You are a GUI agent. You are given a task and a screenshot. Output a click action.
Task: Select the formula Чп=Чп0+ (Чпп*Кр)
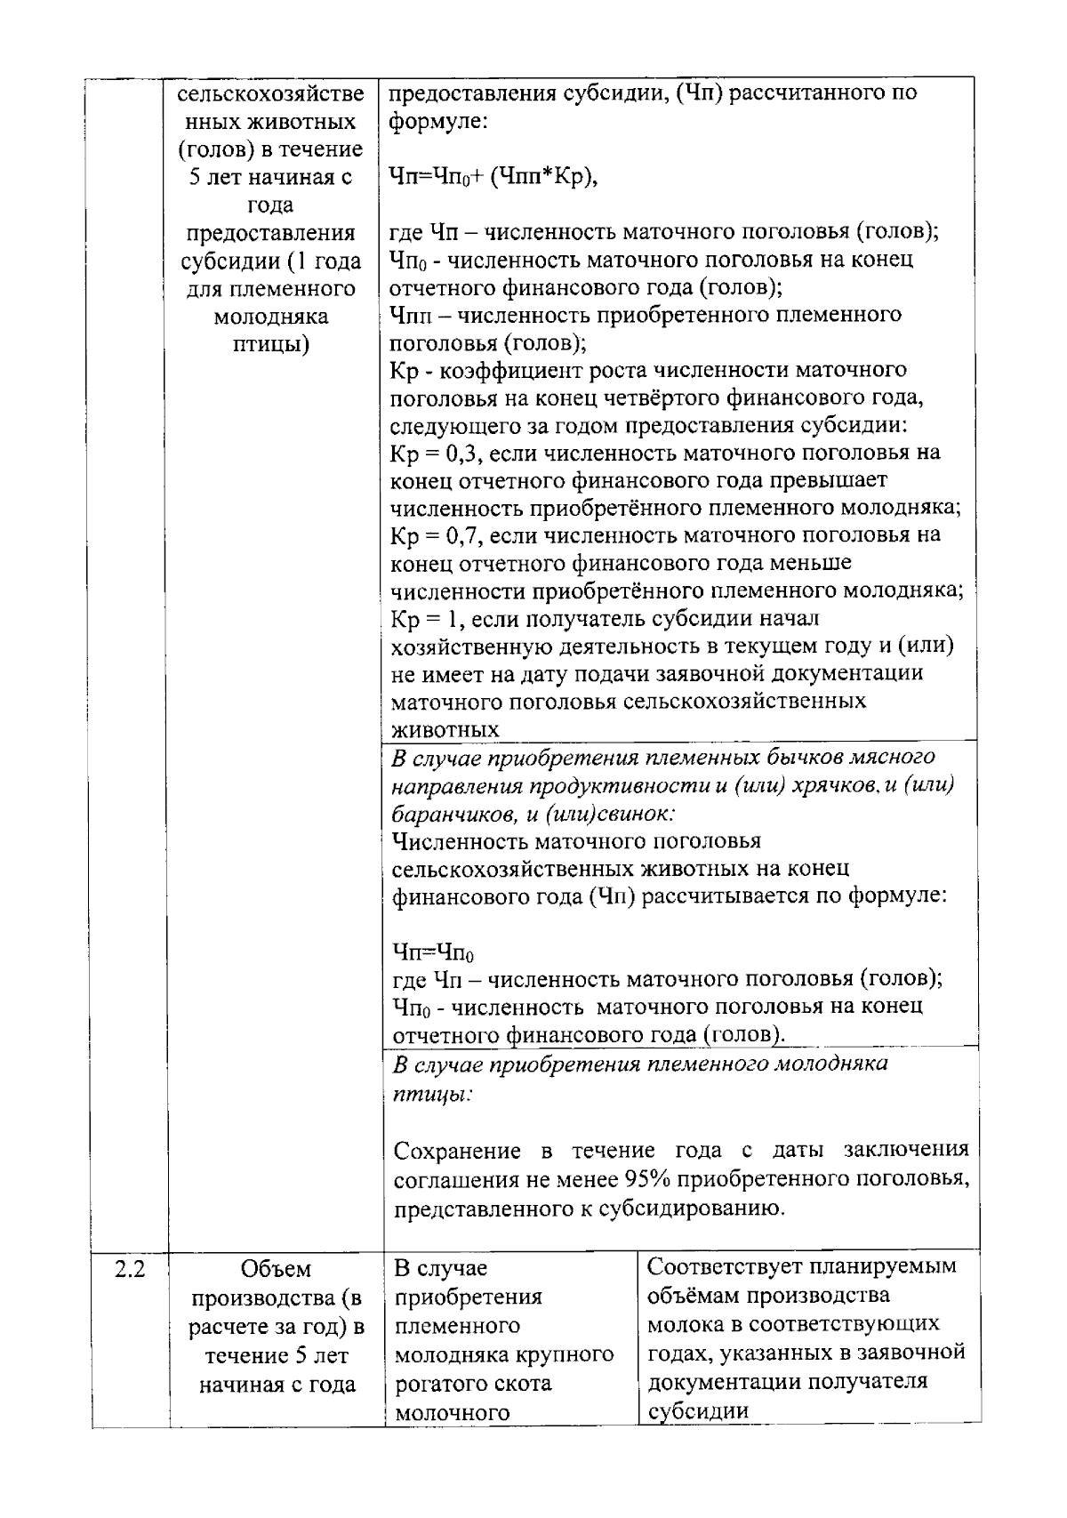[x=494, y=177]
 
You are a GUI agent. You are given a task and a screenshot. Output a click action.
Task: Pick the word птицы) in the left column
[x=270, y=344]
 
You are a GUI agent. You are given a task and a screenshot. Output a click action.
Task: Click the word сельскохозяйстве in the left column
[x=270, y=93]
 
